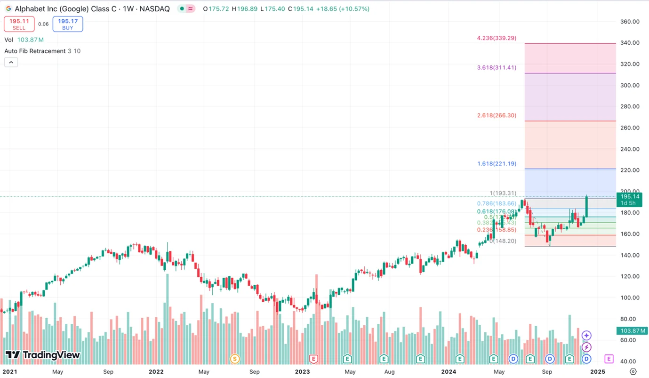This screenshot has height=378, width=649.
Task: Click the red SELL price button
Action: (x=19, y=24)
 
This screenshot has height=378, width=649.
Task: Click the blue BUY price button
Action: (x=68, y=24)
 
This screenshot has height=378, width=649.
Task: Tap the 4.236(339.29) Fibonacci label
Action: (x=497, y=38)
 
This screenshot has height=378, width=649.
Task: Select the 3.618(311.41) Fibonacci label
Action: (x=497, y=67)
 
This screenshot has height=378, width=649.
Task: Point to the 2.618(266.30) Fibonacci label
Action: (x=497, y=115)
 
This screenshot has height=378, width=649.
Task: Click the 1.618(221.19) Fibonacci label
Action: (x=497, y=164)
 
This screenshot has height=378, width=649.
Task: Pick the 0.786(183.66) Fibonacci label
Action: (x=497, y=203)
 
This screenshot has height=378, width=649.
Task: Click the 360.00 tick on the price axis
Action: (x=630, y=22)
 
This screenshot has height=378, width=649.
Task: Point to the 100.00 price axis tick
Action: (x=630, y=298)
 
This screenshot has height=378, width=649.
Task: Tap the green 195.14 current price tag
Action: (x=630, y=200)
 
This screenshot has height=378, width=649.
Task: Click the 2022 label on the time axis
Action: (x=156, y=371)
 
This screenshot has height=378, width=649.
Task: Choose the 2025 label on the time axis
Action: (x=598, y=371)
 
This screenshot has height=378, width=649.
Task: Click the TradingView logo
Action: (x=43, y=355)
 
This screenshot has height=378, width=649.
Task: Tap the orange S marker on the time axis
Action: (x=234, y=359)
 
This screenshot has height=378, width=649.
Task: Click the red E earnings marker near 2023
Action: (x=313, y=359)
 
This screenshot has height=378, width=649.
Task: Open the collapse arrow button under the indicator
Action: (x=11, y=62)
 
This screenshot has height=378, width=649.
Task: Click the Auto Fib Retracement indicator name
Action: (x=35, y=51)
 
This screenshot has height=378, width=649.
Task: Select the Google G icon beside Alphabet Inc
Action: (x=8, y=9)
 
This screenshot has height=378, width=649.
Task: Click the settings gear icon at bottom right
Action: (x=633, y=371)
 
